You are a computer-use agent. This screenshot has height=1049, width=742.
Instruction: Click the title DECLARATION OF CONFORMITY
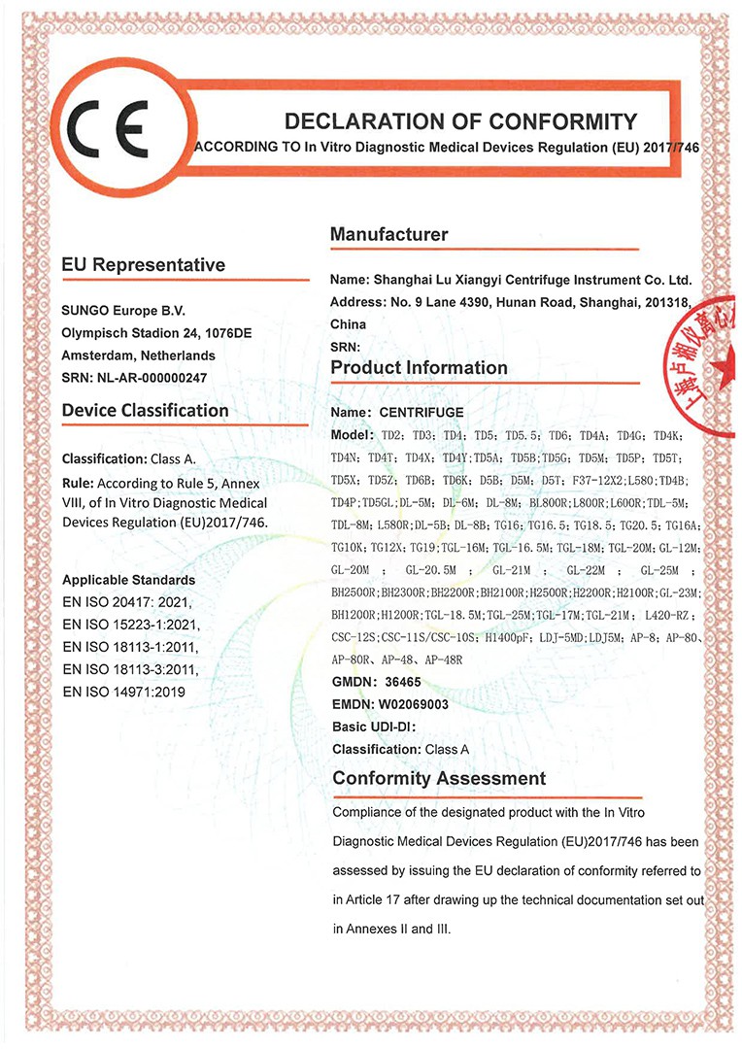(x=459, y=121)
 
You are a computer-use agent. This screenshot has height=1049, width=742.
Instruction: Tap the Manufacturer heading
(x=389, y=234)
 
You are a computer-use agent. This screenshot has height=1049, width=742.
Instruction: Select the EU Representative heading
(x=143, y=265)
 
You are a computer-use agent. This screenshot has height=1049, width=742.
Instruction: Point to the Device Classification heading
(x=145, y=411)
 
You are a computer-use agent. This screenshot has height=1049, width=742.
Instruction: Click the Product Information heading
(x=419, y=367)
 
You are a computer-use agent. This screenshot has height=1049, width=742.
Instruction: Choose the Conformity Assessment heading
(x=439, y=778)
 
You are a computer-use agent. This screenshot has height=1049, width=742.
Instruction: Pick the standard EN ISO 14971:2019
(x=122, y=692)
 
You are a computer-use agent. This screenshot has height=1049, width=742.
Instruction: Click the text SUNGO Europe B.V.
(x=122, y=310)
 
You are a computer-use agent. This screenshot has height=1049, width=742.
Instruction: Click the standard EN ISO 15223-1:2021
(x=129, y=625)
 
